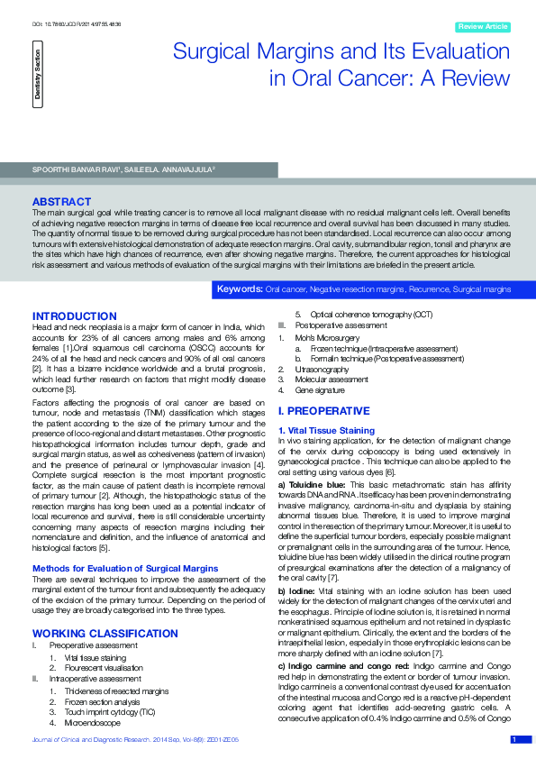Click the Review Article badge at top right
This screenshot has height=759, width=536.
485,27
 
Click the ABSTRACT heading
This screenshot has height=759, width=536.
61,201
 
